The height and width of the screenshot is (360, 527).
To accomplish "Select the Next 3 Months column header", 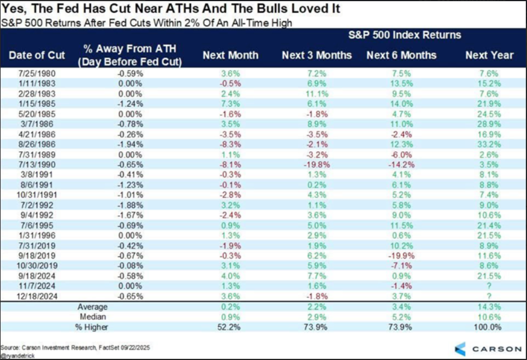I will click(316, 55).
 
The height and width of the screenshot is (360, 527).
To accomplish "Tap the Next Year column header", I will click(489, 55).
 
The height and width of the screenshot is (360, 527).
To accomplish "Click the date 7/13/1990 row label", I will click(33, 166).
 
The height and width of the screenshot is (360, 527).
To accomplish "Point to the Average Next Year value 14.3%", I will click(488, 306).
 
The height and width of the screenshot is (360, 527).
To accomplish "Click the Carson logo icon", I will click(459, 348).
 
